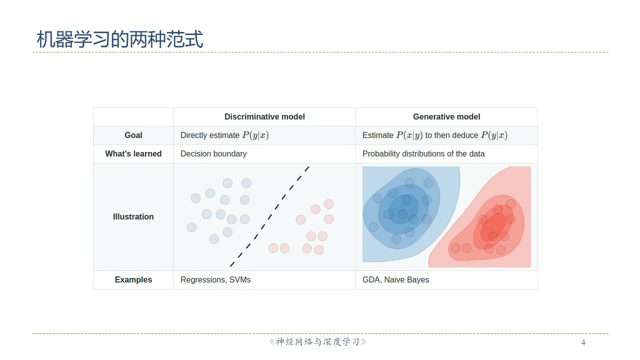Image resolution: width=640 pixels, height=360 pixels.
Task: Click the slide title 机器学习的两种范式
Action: [120, 39]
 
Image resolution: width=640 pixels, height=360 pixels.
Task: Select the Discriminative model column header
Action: [264, 117]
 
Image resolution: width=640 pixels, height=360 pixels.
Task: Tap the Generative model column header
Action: [446, 117]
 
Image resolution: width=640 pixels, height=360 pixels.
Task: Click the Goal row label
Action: [133, 135]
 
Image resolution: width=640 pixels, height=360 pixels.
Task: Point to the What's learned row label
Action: [133, 153]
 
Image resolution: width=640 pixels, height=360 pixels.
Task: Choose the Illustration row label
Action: [133, 217]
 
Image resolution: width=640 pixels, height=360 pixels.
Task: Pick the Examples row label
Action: [133, 279]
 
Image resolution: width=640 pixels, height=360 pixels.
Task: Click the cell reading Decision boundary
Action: [213, 153]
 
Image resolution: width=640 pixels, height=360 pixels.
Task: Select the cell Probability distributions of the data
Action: [423, 153]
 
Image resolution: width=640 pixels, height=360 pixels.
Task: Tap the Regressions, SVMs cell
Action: [215, 279]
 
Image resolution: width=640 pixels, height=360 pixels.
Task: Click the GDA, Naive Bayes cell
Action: [395, 279]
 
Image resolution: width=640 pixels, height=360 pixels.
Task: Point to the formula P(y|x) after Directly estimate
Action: [255, 135]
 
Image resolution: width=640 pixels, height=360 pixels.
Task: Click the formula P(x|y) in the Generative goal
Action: [409, 135]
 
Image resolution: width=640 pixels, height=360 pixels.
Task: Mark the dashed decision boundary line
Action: [269, 216]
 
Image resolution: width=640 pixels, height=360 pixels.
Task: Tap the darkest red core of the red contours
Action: [493, 227]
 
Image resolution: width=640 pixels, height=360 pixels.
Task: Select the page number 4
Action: [583, 342]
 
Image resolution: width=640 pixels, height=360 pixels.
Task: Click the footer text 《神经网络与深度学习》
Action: [317, 342]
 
